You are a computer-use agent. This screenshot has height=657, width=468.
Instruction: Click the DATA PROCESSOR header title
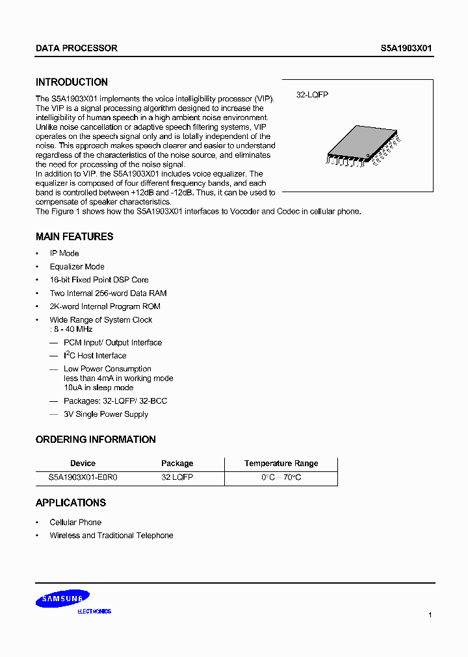tap(76, 49)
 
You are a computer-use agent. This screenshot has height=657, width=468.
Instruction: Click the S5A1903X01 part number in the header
tap(406, 49)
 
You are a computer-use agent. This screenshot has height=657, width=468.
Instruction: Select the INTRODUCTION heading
tap(71, 82)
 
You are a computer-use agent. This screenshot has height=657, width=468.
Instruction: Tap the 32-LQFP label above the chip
tap(312, 95)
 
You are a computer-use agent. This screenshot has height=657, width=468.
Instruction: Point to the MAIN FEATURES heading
tap(74, 237)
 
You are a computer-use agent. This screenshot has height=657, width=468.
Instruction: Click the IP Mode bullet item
tap(64, 253)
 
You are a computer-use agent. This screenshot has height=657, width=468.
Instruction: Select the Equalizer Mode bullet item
tap(77, 267)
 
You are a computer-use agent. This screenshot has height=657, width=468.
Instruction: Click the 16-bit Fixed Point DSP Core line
tap(99, 280)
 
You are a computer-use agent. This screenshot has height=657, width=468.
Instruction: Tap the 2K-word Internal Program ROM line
tap(105, 306)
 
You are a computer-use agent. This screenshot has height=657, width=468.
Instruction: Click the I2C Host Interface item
tap(95, 356)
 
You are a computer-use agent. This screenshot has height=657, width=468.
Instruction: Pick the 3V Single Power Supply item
tap(105, 414)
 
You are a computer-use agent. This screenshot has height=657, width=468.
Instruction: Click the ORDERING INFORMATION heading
tap(96, 440)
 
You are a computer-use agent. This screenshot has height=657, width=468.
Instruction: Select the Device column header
tap(83, 464)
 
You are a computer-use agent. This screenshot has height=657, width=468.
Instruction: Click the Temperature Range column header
tap(281, 464)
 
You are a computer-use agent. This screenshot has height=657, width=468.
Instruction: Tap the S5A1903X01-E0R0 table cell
tap(83, 477)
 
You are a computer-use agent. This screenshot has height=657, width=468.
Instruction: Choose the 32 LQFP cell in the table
tap(177, 477)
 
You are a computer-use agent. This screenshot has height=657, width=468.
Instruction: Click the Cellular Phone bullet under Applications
tap(75, 523)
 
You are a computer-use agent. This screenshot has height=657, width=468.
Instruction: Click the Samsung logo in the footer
tap(63, 600)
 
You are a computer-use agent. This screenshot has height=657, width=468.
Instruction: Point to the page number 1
tap(430, 615)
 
